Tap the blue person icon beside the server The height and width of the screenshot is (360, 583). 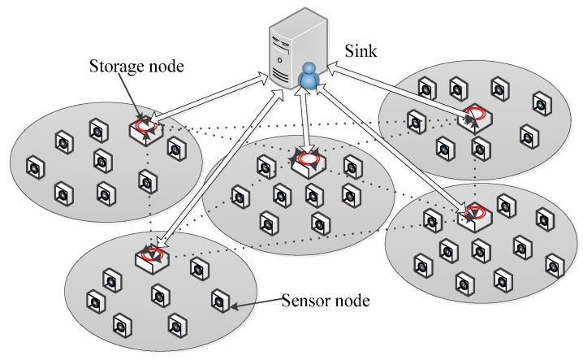308,79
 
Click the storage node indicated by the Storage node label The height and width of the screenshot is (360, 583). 147,127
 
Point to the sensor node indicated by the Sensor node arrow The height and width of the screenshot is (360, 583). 218,300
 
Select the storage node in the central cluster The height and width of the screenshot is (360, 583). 306,162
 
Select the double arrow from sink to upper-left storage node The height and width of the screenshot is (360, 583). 215,98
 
